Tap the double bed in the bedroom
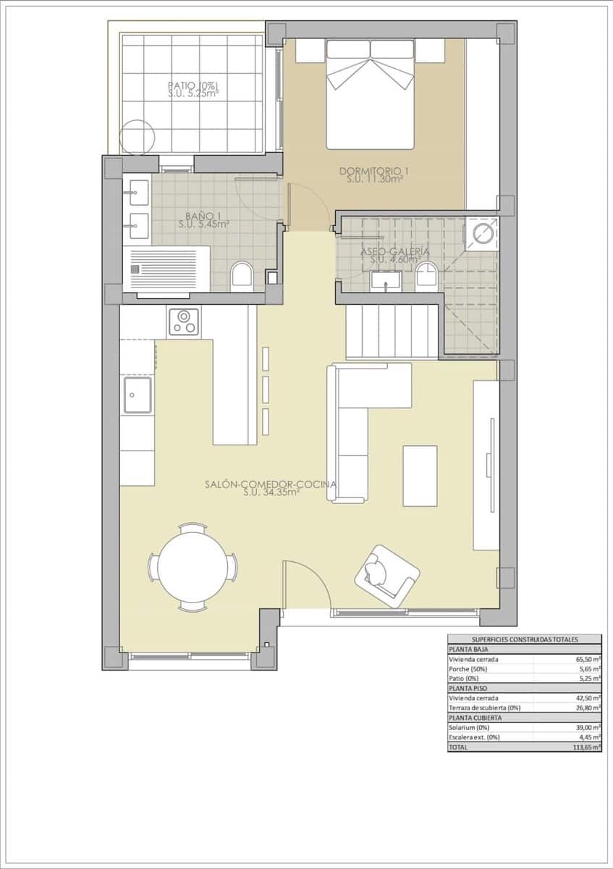click(x=371, y=94)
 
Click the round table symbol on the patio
click(x=138, y=136)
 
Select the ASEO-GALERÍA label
click(x=395, y=255)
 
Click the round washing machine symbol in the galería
click(x=481, y=232)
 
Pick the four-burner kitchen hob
click(x=184, y=322)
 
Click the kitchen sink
click(x=138, y=395)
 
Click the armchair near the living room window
click(x=386, y=575)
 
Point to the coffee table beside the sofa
click(x=420, y=476)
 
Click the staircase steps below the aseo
click(x=392, y=331)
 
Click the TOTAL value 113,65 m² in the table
click(x=585, y=747)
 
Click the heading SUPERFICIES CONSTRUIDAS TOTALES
click(x=525, y=639)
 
